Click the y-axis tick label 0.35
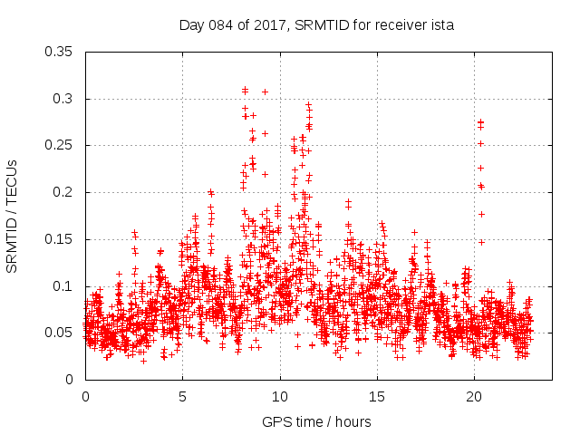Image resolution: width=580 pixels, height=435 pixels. (x=61, y=52)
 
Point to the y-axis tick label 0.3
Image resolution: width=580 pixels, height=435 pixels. (x=64, y=99)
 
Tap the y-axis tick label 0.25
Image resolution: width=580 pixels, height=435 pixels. (x=61, y=145)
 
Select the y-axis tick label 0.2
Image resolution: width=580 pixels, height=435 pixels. (x=64, y=192)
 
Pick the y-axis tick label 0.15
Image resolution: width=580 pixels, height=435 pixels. (x=61, y=239)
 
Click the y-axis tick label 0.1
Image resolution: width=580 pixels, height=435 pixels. (x=64, y=286)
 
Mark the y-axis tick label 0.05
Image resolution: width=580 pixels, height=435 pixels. (x=61, y=333)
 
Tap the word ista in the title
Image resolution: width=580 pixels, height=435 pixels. (x=441, y=25)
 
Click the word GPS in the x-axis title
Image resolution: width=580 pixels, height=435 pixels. (x=275, y=421)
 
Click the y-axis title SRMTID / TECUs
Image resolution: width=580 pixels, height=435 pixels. (x=13, y=216)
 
